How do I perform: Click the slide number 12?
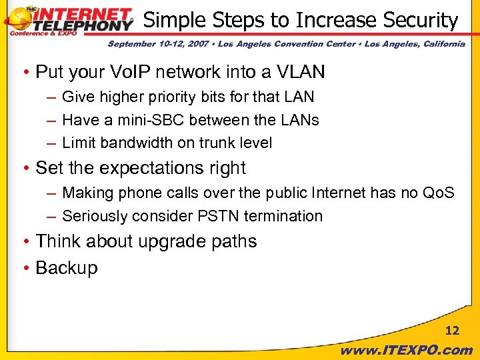click(x=452, y=331)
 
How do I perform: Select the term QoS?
click(x=439, y=193)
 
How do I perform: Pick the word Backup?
click(x=66, y=268)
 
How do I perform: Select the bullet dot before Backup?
click(x=25, y=269)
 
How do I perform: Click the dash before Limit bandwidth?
click(x=51, y=143)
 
